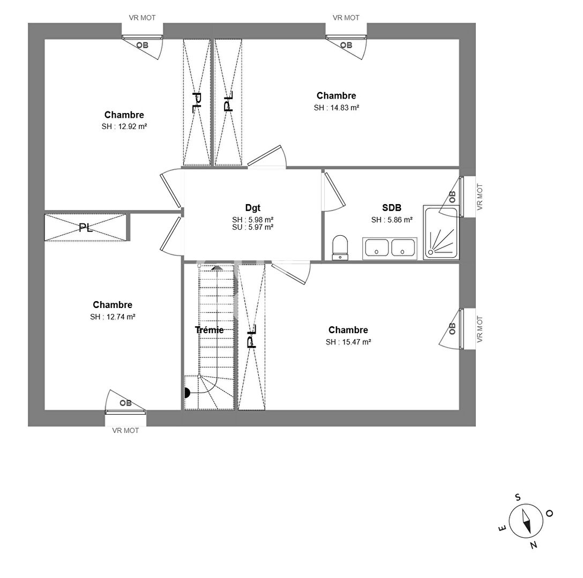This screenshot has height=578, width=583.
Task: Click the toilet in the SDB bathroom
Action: coord(340,247)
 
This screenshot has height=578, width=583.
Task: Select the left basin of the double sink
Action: coord(377,247)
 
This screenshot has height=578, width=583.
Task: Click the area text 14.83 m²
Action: coord(337,108)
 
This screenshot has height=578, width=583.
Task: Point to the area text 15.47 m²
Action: coord(348,342)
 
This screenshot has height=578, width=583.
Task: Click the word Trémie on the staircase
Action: coord(209,330)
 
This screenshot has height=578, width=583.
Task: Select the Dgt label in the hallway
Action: coord(252,208)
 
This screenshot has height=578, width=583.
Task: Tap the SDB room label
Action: coord(392,208)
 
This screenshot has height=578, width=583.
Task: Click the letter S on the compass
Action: coord(518,497)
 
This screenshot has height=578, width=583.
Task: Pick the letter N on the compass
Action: coord(533,545)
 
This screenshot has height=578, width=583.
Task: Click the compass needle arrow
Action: coord(525,521)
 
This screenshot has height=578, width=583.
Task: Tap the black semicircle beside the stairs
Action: coord(188,392)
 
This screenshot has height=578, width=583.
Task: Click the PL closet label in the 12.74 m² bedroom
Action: coord(85,228)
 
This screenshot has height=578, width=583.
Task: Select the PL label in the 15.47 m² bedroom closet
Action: coord(252,336)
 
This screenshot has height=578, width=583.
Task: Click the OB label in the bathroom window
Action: coord(452,197)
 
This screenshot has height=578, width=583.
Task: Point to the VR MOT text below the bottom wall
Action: coord(125,430)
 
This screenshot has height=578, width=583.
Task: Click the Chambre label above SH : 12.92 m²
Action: coord(124,115)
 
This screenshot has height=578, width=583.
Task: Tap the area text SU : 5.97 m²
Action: coord(252,227)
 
